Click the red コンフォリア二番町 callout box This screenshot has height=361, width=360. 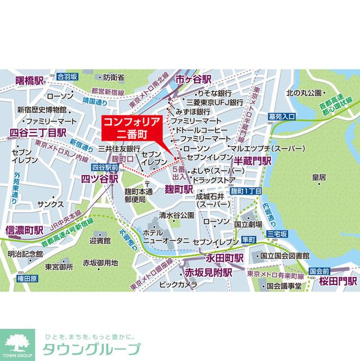point(131,128)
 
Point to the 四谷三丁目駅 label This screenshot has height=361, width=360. point(38,133)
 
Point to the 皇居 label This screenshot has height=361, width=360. point(318,177)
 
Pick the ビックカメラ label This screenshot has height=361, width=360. point(175,284)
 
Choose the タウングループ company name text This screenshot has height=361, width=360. point(90,349)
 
